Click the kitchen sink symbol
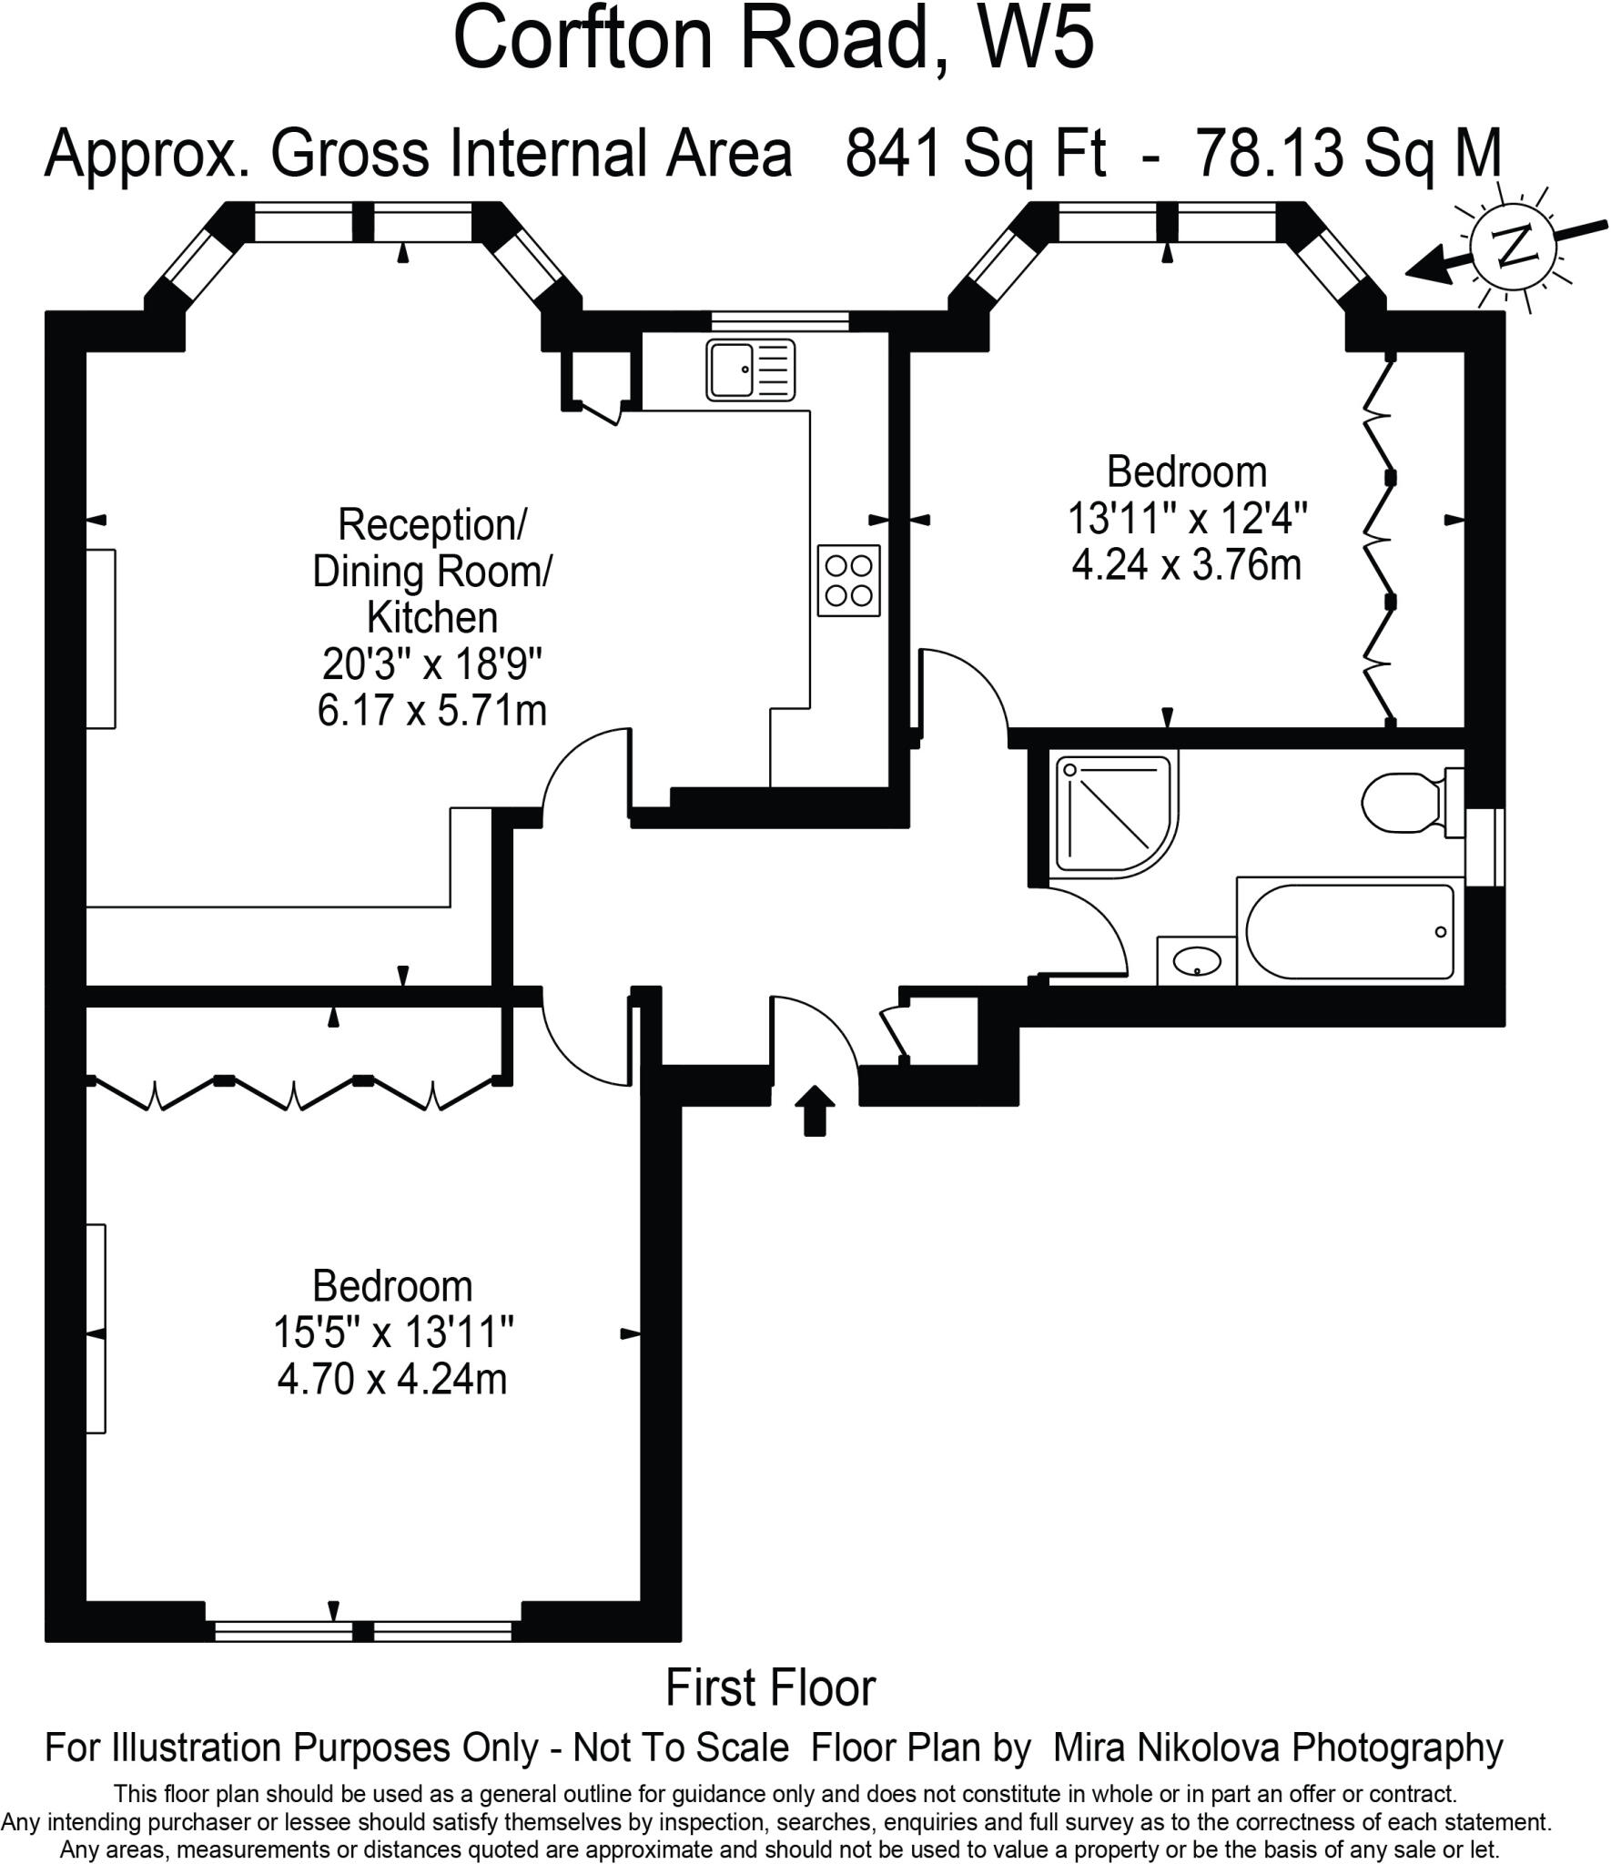750,370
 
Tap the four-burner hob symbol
848,581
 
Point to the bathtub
1349,931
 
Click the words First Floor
770,1688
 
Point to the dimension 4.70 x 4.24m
392,1380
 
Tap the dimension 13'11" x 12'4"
1187,519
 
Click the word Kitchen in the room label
432,618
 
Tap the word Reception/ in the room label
432,525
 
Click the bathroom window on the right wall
1485,846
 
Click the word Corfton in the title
583,41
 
